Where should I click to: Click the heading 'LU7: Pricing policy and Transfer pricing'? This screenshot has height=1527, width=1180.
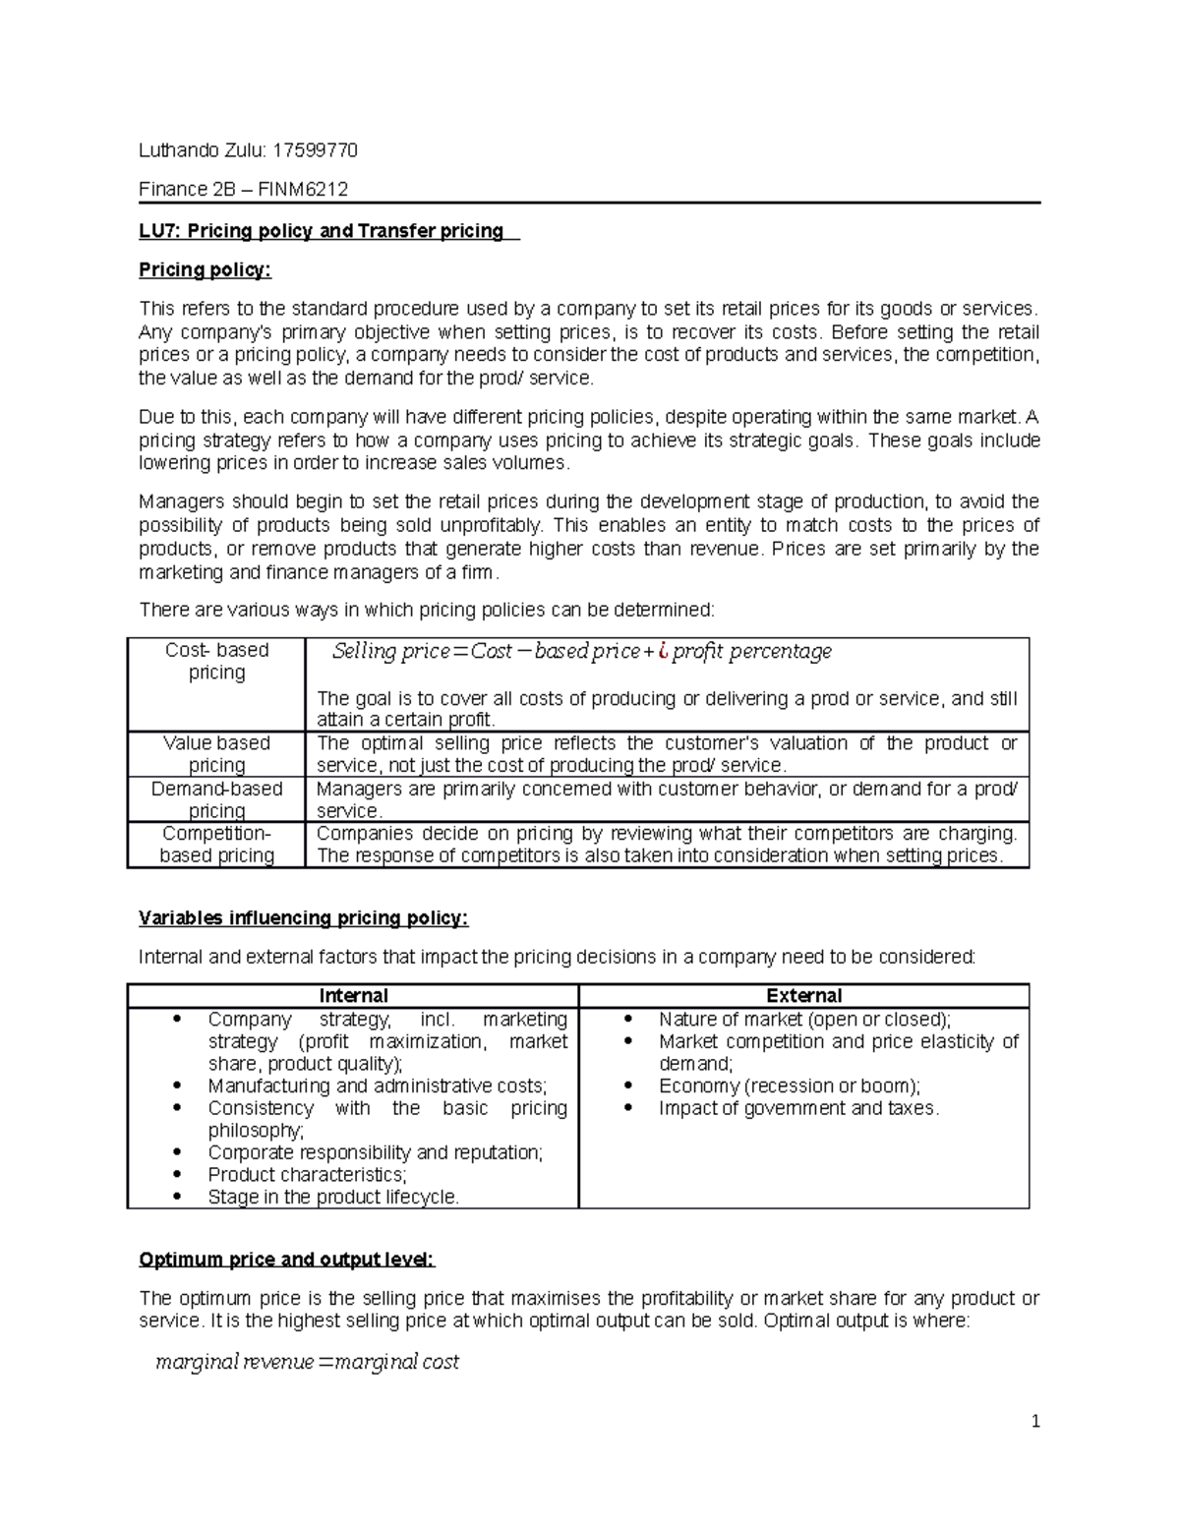point(321,231)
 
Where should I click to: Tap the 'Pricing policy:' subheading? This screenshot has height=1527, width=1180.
point(205,269)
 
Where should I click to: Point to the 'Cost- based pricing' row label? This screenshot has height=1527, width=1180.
point(216,661)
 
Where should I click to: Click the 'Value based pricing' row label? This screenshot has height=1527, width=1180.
point(216,754)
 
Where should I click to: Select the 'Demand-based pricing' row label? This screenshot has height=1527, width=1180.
point(216,799)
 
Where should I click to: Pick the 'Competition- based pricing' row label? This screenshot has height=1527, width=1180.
point(216,845)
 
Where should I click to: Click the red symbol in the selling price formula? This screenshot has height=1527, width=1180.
point(664,651)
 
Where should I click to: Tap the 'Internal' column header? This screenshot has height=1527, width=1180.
point(353,996)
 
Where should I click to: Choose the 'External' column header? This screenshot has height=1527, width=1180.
point(803,996)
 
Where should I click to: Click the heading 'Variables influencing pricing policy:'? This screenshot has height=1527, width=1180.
point(303,918)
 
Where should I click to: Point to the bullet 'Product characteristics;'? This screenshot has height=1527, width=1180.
point(307,1175)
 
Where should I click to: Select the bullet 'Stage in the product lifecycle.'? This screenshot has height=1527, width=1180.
point(333,1198)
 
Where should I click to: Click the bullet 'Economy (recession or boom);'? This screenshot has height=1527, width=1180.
point(789,1087)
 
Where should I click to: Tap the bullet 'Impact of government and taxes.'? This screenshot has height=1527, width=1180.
point(798,1108)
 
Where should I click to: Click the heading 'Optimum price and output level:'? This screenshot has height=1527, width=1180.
point(286,1260)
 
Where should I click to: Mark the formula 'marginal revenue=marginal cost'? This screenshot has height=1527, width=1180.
point(307,1362)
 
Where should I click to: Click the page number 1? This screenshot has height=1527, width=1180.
point(1034,1421)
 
